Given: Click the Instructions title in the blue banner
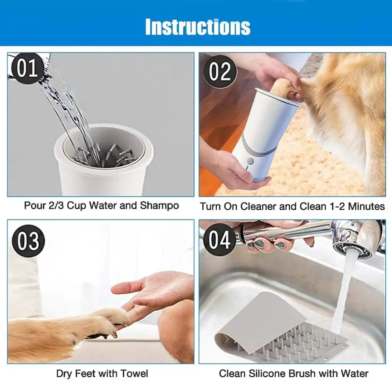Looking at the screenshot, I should coord(198,27).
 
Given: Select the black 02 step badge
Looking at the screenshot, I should coord(220,72).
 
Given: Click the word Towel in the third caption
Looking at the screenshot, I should coord(134,374).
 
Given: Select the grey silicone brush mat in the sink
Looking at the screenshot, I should coord(274,329).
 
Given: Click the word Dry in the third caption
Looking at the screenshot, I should coord(64,374).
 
